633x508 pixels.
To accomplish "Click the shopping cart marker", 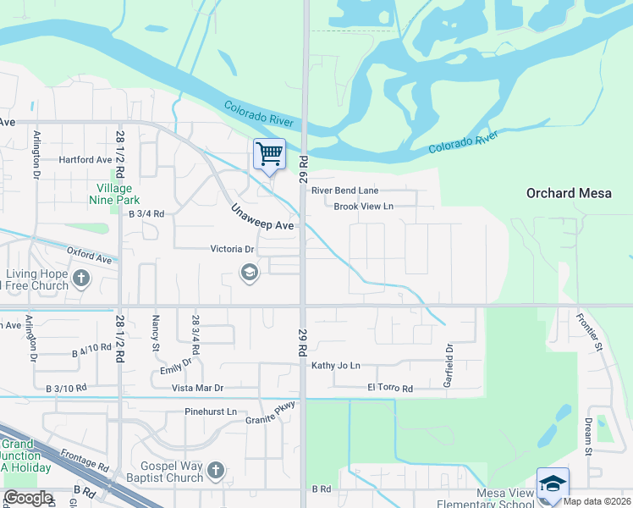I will tap(269, 155).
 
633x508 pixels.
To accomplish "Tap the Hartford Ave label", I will tap(85, 159).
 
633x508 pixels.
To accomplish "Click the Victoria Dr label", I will tap(232, 249).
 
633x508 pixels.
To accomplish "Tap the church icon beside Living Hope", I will tap(81, 278).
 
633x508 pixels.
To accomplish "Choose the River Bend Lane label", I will tap(344, 190).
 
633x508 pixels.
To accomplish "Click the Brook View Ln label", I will tap(364, 206).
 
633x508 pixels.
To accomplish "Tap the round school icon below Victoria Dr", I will tap(249, 273).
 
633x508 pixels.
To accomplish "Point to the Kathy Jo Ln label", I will tap(336, 365).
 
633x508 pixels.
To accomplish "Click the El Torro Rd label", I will tap(389, 389).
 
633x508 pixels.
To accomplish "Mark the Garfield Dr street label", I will tap(449, 364).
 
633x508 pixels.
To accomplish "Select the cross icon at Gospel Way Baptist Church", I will tap(216, 469).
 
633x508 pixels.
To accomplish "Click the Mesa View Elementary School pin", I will tap(553, 484).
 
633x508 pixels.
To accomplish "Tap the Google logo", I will tap(27, 498).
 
